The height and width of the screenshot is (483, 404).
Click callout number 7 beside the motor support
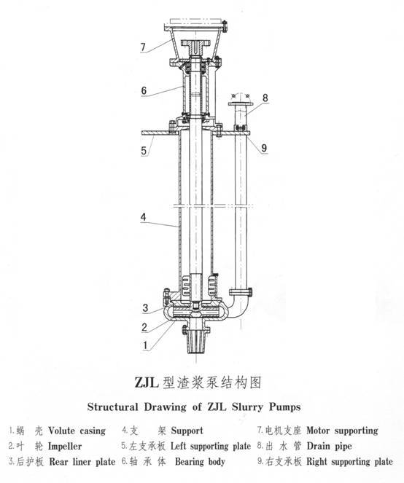click(143, 47)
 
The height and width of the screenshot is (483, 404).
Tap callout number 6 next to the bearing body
click(144, 90)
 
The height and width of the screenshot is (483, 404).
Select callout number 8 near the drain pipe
click(265, 98)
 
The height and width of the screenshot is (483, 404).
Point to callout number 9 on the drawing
click(264, 148)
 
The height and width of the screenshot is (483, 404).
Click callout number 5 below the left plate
click(144, 151)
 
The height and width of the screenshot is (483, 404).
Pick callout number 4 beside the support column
click(143, 217)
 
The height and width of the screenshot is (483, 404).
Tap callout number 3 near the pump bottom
click(145, 307)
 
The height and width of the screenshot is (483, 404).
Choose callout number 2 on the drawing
click(144, 327)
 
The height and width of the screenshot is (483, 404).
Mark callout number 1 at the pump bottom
click(145, 345)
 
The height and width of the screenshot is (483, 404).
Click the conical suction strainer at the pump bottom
click(195, 341)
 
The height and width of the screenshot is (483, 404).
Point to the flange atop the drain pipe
click(241, 104)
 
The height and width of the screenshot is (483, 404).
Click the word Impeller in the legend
click(65, 447)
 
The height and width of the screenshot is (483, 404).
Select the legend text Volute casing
click(77, 431)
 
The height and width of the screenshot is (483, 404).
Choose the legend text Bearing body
click(200, 461)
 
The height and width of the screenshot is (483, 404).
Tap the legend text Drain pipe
click(329, 446)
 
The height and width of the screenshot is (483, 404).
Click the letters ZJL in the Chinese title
click(147, 382)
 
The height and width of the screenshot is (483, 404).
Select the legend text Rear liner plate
click(82, 462)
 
